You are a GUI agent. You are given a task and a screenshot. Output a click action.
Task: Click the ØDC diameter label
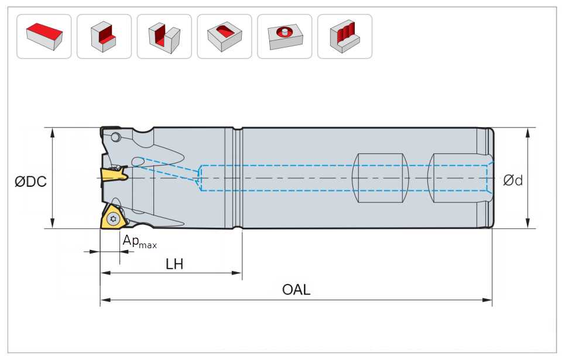pyautogui.click(x=30, y=181)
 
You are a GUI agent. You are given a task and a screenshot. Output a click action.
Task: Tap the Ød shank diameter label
pyautogui.click(x=513, y=180)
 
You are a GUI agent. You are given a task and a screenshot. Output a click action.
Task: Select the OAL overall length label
pyautogui.click(x=296, y=289)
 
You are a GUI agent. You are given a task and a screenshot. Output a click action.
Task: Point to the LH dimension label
pyautogui.click(x=174, y=265)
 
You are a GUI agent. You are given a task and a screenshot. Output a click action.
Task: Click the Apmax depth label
pyautogui.click(x=139, y=241)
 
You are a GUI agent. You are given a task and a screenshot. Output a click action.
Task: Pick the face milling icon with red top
pyautogui.click(x=44, y=36)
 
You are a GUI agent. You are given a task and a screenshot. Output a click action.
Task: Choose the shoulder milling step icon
pyautogui.click(x=104, y=36)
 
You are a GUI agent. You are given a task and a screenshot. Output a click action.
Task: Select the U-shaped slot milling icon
pyautogui.click(x=164, y=36)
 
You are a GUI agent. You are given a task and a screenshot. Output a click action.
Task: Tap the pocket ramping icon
pyautogui.click(x=224, y=36)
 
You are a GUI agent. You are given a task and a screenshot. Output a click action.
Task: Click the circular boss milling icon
pyautogui.click(x=285, y=36)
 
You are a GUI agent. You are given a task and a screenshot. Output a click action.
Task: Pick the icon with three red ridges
pyautogui.click(x=344, y=36)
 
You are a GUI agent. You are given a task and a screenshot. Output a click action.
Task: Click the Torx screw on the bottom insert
pyautogui.click(x=113, y=220)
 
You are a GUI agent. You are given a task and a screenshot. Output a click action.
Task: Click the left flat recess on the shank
pyautogui.click(x=379, y=179)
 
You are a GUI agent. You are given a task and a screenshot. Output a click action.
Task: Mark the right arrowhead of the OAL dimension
pyautogui.click(x=489, y=300)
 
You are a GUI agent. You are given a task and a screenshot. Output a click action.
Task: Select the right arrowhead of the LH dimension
pyautogui.click(x=238, y=273)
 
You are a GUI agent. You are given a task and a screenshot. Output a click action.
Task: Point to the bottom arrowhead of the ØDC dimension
pyautogui.click(x=53, y=225)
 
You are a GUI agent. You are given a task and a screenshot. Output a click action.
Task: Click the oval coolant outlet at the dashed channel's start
pyautogui.click(x=138, y=161)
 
